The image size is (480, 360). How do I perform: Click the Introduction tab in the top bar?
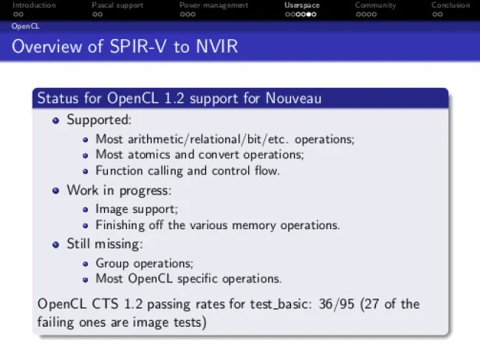pyautogui.click(x=34, y=5)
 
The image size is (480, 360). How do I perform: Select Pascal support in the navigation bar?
pyautogui.click(x=117, y=5)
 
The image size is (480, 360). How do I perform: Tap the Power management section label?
pyautogui.click(x=213, y=5)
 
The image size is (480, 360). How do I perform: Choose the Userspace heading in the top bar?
pyautogui.click(x=302, y=5)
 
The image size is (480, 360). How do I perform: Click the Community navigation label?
pyautogui.click(x=375, y=5)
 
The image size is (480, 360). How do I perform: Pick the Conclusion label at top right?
pyautogui.click(x=450, y=5)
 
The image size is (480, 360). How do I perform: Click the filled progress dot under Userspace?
pyautogui.click(x=309, y=14)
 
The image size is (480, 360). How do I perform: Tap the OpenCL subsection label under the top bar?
pyautogui.click(x=25, y=27)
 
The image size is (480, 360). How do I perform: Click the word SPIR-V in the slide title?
pyautogui.click(x=138, y=47)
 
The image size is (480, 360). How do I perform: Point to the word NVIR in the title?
pyautogui.click(x=216, y=47)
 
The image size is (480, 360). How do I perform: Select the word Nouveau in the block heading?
pyautogui.click(x=293, y=98)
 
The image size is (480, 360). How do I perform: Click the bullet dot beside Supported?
pyautogui.click(x=55, y=120)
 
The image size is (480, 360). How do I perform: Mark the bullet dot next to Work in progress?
pyautogui.click(x=55, y=191)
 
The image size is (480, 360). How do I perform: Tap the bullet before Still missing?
pyautogui.click(x=55, y=245)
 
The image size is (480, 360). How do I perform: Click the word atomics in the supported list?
pyautogui.click(x=148, y=154)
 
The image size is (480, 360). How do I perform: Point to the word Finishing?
pyautogui.click(x=120, y=225)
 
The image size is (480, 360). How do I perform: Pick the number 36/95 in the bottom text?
pyautogui.click(x=336, y=305)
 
